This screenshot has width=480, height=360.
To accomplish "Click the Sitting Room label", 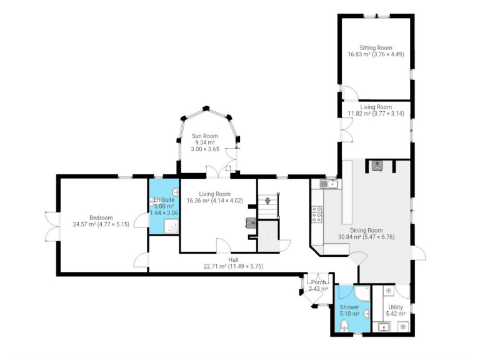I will click(376, 47).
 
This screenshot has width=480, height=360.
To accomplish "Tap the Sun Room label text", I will click(204, 136).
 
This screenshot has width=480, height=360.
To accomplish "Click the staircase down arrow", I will click(268, 201).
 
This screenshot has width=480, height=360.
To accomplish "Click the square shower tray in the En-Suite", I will click(156, 226).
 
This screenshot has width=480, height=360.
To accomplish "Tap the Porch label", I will click(318, 282).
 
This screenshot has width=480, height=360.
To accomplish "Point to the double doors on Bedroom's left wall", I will click(52, 226).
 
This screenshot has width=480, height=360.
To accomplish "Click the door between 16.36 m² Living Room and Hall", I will click(223, 246).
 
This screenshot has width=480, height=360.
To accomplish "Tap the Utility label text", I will click(396, 307).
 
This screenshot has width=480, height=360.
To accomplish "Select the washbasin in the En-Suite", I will click(154, 202).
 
